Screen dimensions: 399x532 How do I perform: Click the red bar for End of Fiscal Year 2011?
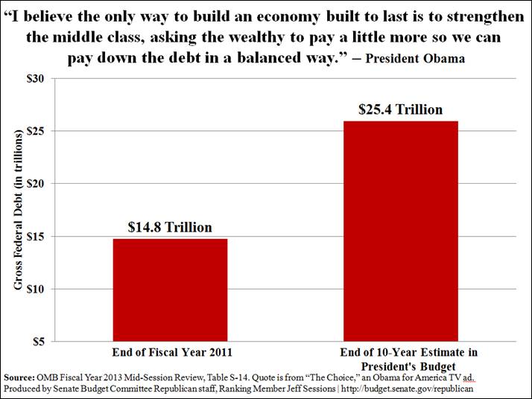(170, 290)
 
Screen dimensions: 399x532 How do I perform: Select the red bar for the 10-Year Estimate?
(400, 231)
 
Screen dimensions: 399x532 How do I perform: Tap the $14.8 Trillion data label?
(170, 227)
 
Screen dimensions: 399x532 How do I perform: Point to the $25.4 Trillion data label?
(400, 109)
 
